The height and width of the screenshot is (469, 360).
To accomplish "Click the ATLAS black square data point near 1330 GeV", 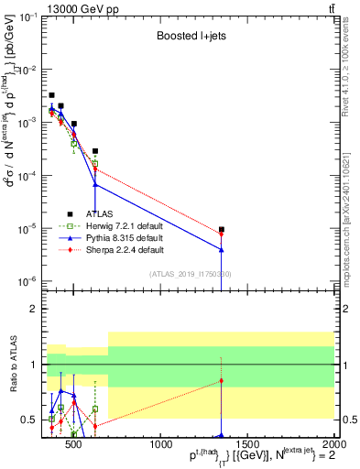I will pos(222,230).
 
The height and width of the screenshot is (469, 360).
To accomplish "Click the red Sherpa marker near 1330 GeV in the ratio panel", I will pos(222,380).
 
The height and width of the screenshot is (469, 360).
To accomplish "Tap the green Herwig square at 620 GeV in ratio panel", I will pos(95,409).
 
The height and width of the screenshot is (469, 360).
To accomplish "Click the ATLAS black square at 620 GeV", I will pos(95,151).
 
